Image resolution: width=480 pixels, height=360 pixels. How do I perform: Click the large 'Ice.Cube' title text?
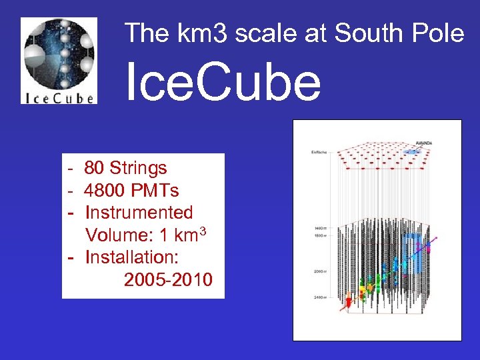coord(223,83)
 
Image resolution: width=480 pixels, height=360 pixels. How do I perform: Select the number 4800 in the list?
coord(103,191)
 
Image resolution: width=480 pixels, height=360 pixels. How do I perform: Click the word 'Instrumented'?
coord(139,213)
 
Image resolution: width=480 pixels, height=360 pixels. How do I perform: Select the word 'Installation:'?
coord(135,257)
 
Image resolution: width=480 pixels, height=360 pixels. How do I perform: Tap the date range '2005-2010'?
coord(168,279)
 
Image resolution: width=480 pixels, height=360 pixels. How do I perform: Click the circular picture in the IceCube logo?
coord(59,53)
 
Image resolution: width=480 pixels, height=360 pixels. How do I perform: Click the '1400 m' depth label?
coord(320,229)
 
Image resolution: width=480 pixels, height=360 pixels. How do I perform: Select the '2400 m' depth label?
coord(320,297)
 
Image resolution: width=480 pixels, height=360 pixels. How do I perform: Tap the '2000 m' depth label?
coord(320,272)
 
